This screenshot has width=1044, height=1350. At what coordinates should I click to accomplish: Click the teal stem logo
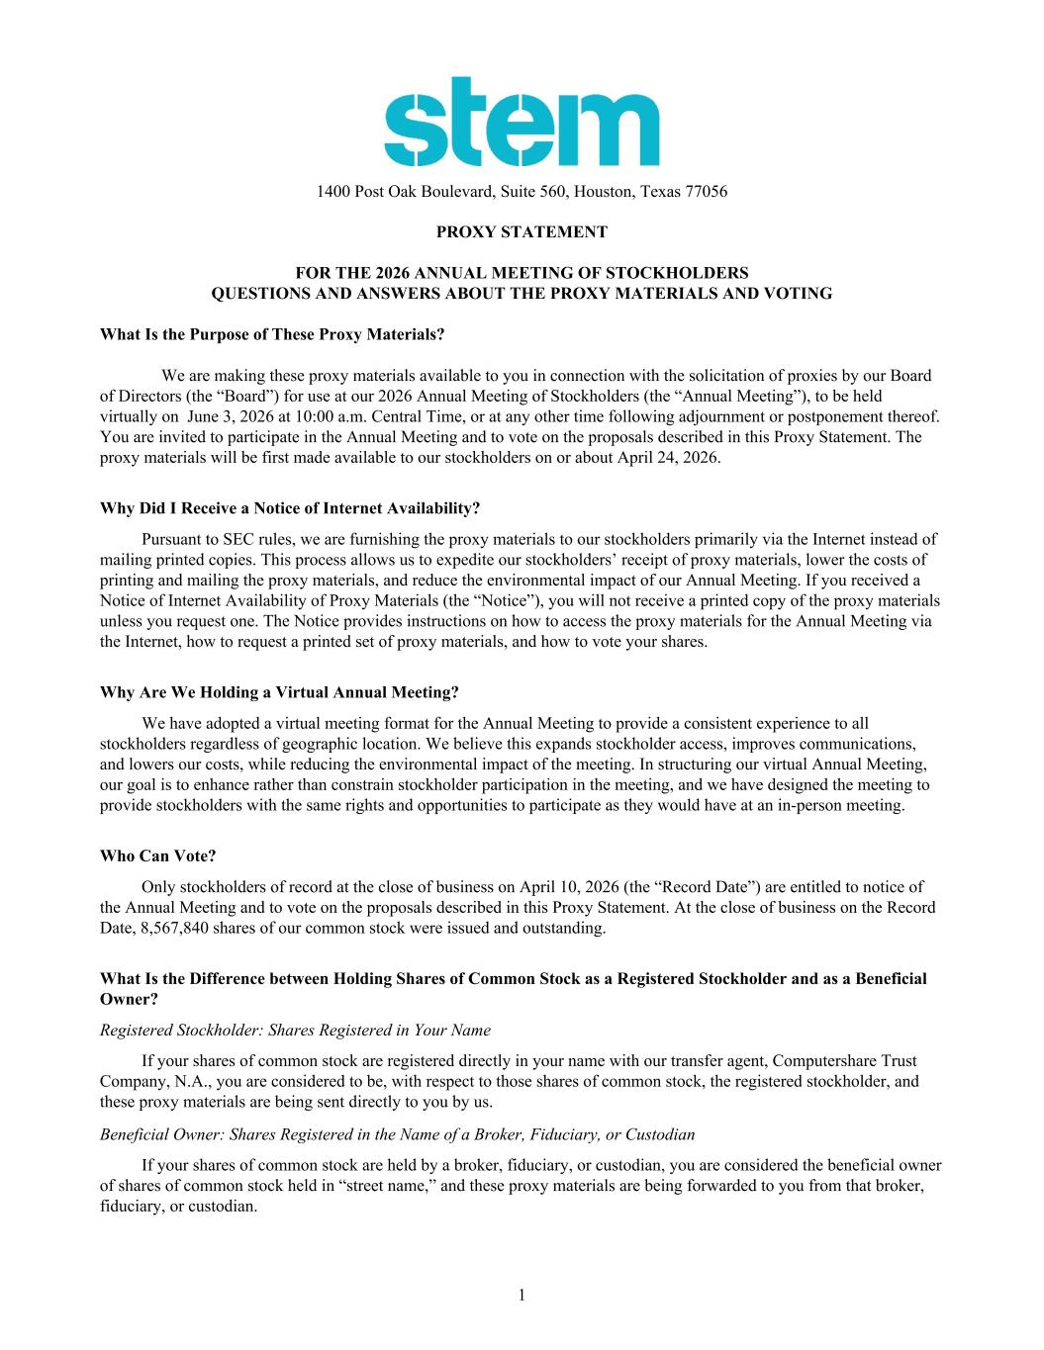(x=522, y=122)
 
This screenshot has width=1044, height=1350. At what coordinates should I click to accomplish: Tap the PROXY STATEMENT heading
(x=522, y=232)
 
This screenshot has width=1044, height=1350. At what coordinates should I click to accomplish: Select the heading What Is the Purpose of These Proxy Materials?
(x=272, y=334)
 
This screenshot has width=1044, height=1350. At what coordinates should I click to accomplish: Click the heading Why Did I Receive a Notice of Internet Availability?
(x=290, y=508)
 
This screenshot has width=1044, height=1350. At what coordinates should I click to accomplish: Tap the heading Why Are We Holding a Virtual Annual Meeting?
(x=279, y=692)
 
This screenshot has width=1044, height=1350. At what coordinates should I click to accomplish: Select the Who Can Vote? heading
(x=157, y=856)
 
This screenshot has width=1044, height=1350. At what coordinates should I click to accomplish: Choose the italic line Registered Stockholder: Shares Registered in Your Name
(x=295, y=1030)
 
